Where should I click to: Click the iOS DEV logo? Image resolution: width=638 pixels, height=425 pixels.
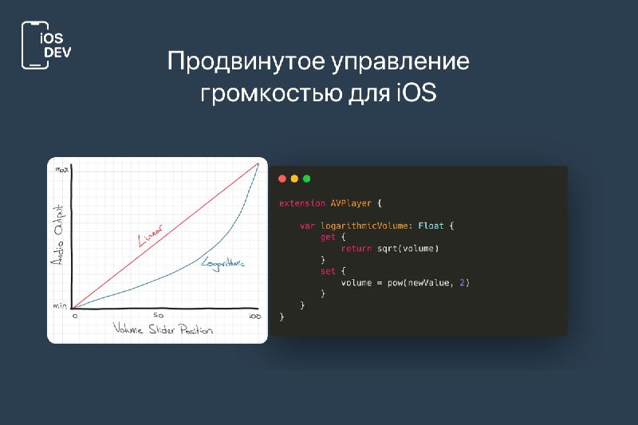click(x=46, y=45)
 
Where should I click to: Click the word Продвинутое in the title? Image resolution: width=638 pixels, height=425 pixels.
click(x=246, y=62)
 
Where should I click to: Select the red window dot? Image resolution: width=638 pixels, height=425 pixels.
click(x=282, y=179)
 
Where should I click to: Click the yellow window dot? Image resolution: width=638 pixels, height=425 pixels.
click(x=294, y=179)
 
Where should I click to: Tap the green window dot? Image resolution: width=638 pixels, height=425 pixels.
click(x=307, y=179)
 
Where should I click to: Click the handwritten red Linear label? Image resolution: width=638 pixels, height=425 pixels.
click(x=150, y=235)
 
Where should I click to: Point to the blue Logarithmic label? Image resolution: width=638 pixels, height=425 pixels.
click(x=223, y=264)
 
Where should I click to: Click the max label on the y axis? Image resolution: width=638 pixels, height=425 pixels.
click(x=62, y=170)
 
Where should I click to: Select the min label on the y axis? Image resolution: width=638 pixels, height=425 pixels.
click(x=60, y=305)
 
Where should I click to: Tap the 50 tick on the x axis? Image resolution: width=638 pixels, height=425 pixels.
click(x=158, y=315)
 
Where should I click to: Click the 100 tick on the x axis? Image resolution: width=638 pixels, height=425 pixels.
click(x=254, y=316)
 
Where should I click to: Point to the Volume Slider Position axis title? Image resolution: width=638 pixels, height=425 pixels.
click(x=163, y=329)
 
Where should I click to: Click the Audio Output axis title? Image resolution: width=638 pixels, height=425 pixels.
click(x=58, y=235)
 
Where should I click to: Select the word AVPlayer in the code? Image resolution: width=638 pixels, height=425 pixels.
click(x=351, y=203)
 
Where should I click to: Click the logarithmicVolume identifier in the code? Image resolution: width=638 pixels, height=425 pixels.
click(x=364, y=226)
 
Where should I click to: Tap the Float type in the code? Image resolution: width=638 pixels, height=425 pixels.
click(x=431, y=226)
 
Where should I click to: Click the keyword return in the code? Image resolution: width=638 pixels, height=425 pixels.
click(x=356, y=249)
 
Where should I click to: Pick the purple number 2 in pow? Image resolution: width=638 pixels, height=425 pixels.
click(x=462, y=282)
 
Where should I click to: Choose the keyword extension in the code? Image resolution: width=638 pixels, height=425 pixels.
click(x=302, y=203)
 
